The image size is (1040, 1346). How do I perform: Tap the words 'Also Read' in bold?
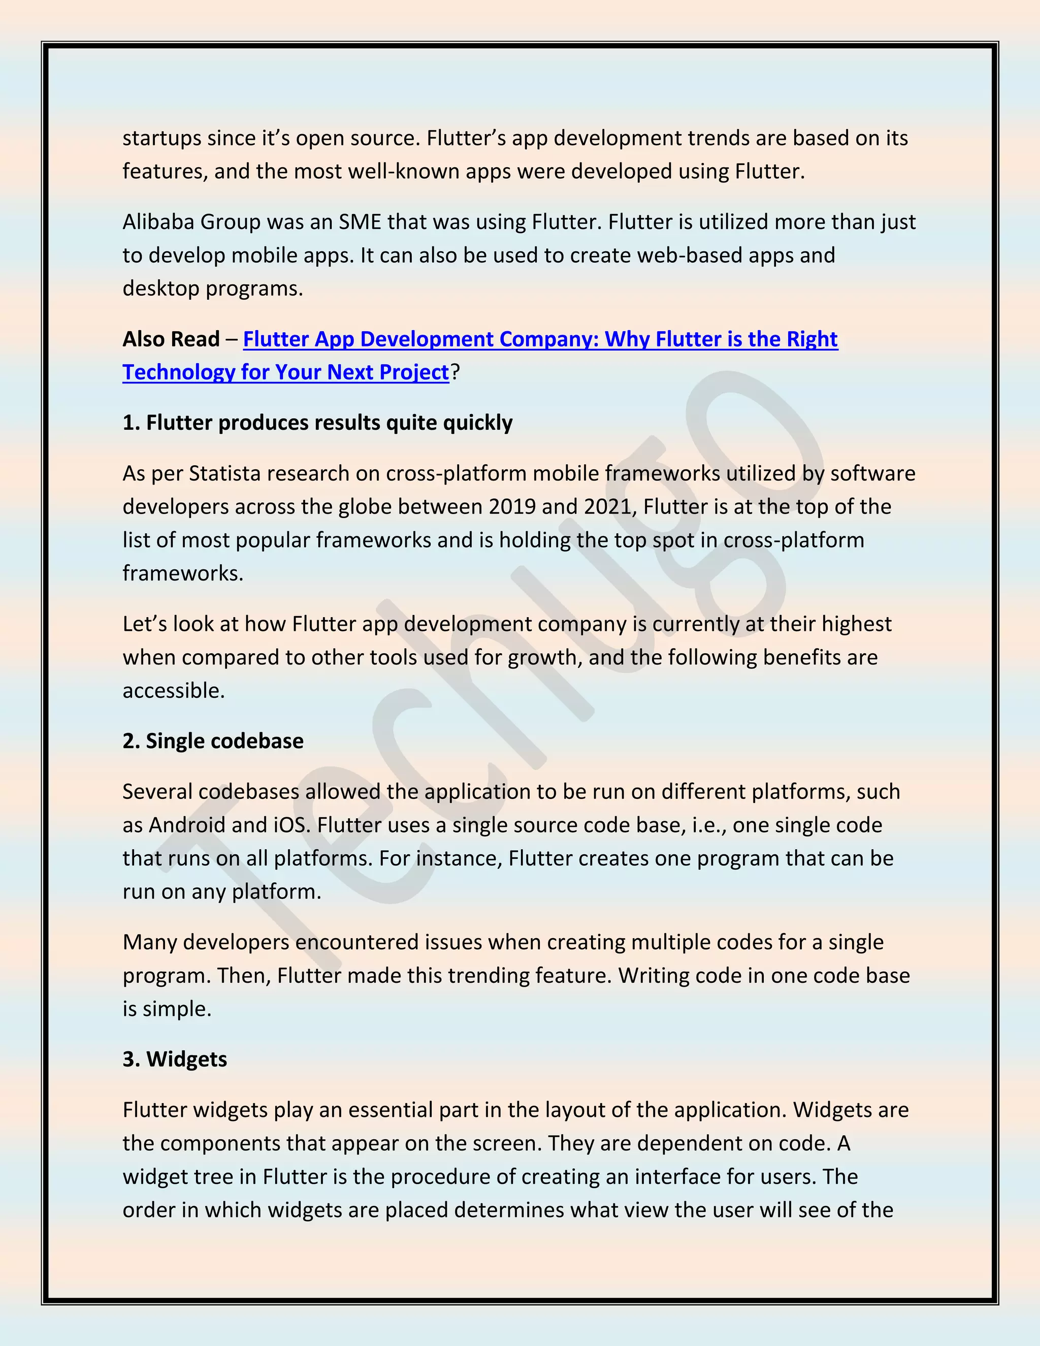(x=171, y=339)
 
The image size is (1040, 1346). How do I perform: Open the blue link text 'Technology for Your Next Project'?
(x=285, y=372)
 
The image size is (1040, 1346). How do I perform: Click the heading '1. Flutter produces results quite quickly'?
(x=317, y=423)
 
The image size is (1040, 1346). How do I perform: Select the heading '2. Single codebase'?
(x=213, y=741)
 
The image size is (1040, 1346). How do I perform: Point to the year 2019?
(x=512, y=506)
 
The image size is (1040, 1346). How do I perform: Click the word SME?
(x=361, y=222)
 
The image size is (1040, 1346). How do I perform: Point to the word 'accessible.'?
(x=173, y=690)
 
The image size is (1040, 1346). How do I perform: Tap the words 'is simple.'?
(x=167, y=1008)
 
